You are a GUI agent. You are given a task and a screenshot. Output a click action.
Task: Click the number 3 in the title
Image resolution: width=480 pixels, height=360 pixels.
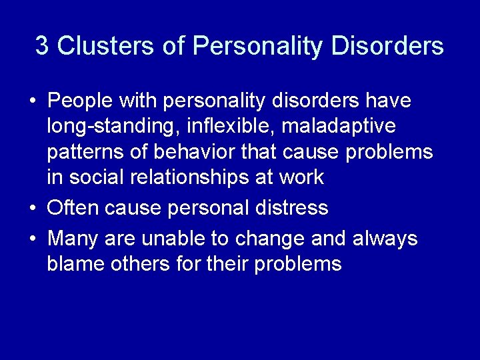(x=42, y=46)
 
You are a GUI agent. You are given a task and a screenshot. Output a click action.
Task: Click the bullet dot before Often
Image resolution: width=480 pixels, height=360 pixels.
(x=33, y=209)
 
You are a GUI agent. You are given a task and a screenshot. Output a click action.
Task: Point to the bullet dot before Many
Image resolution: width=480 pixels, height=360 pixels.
(x=33, y=239)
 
